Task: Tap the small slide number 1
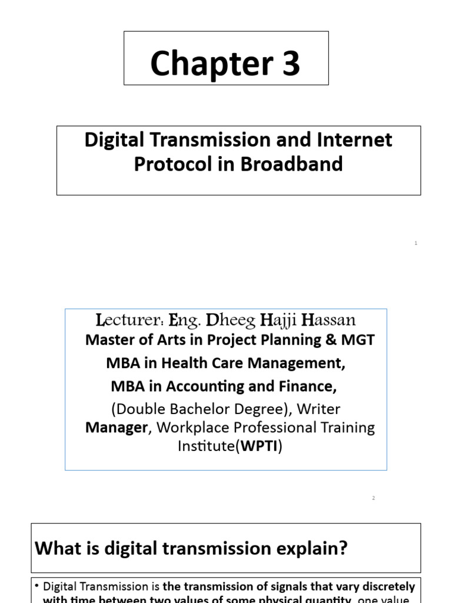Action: coord(416,243)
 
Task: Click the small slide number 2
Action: coord(374,498)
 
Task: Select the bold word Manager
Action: coord(116,428)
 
